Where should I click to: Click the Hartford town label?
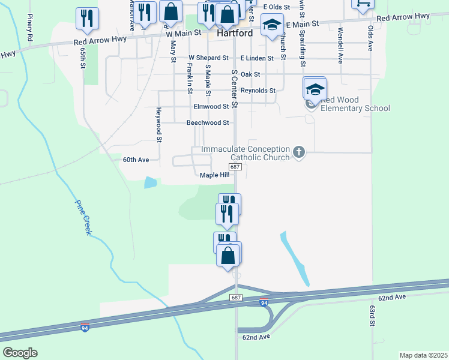point(234,34)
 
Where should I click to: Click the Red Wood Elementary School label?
point(355,104)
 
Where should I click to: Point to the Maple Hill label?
point(214,175)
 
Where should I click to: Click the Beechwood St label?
point(208,122)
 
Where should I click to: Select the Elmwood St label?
point(211,106)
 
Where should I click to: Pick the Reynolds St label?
point(258,91)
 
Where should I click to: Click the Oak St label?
point(250,74)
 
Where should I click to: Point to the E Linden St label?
point(257,58)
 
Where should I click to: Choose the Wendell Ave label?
point(340,45)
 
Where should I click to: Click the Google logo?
point(20,353)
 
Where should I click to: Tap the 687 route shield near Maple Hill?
point(236,167)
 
